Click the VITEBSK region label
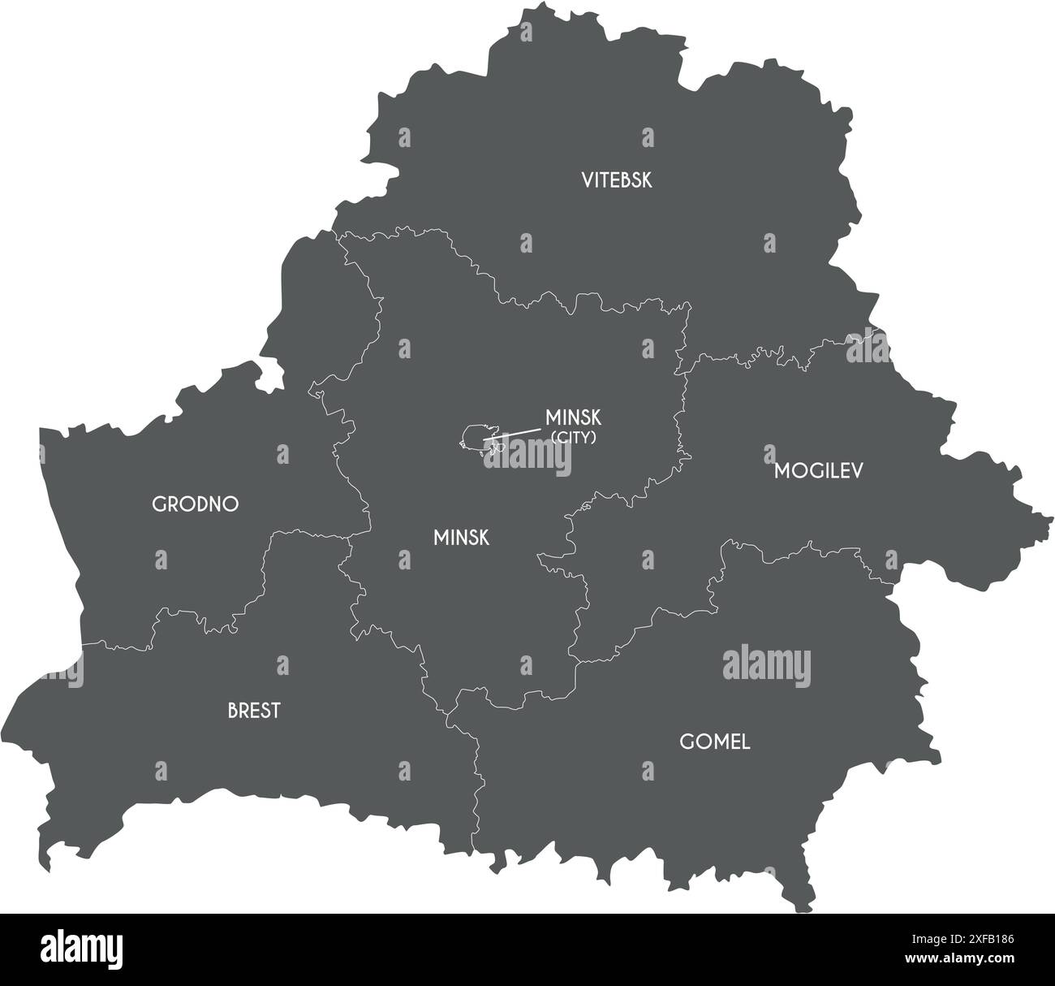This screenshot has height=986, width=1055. (x=616, y=179)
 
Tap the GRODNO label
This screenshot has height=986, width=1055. (x=196, y=504)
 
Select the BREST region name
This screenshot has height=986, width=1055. (x=254, y=711)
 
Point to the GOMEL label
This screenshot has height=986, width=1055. (x=714, y=742)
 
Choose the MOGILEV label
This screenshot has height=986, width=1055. (x=818, y=470)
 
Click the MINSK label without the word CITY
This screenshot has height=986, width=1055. (x=461, y=537)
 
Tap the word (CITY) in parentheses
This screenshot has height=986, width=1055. (x=574, y=437)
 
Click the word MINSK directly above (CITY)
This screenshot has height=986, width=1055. (x=573, y=417)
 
